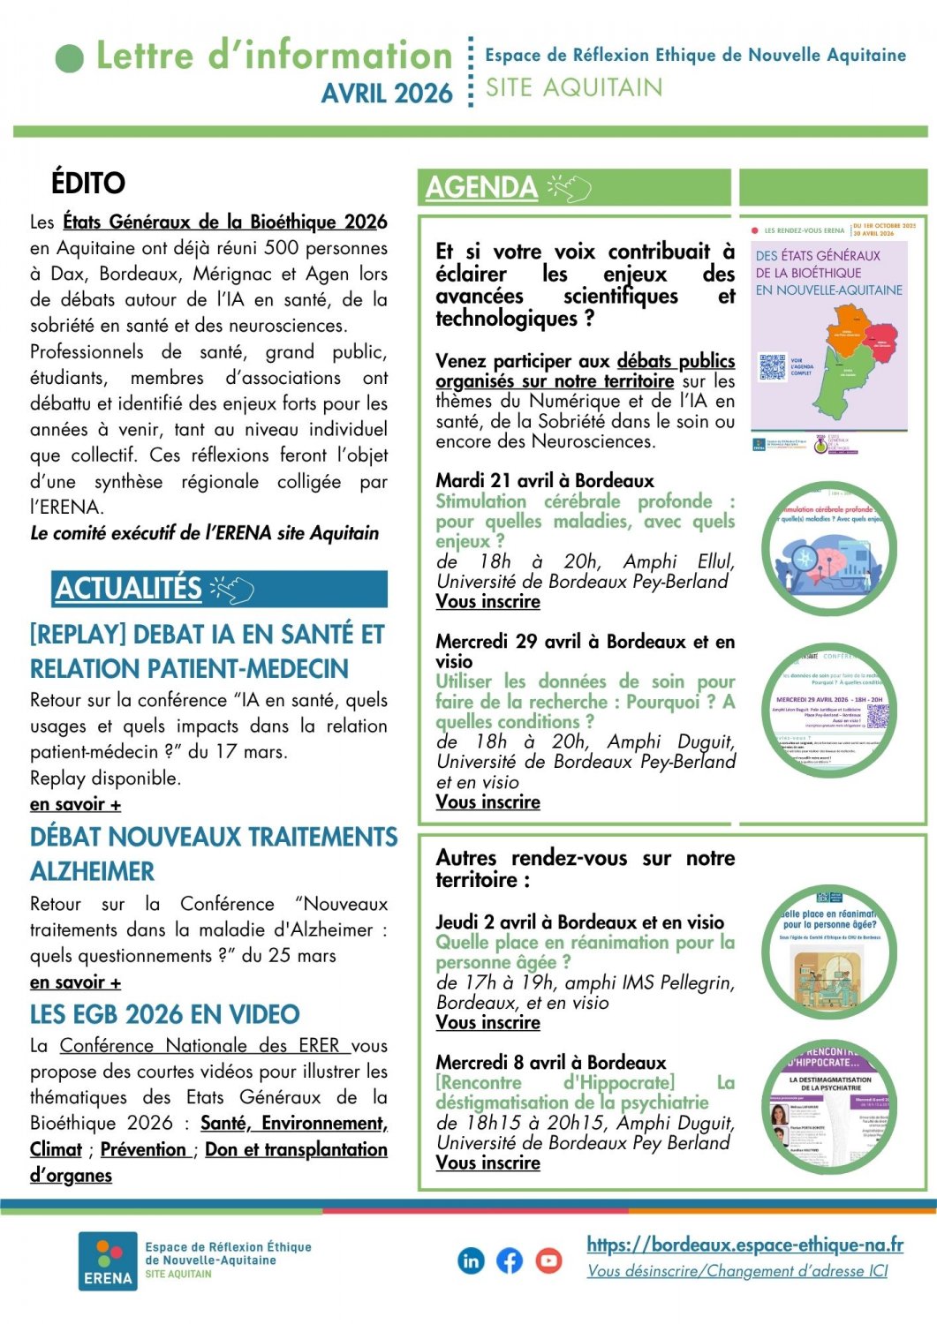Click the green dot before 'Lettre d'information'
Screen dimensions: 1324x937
[70, 58]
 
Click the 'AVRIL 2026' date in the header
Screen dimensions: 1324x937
[387, 94]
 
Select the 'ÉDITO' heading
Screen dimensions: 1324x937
[88, 184]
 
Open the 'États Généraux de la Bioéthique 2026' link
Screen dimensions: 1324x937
[225, 222]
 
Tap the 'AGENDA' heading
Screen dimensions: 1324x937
[481, 187]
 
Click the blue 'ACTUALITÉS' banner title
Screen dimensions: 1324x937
[129, 589]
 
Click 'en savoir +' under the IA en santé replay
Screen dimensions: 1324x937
[75, 804]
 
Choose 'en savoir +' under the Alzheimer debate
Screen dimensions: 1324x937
[75, 982]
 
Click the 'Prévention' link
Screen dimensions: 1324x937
[144, 1149]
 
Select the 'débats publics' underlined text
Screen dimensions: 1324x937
[676, 360]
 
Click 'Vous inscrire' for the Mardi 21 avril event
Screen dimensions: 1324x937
[487, 601]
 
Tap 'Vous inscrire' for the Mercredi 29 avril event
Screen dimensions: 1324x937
[487, 801]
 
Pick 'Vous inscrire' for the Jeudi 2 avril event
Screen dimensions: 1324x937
[487, 1022]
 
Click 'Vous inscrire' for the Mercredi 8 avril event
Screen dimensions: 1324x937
[487, 1162]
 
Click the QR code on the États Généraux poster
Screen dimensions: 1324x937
[772, 367]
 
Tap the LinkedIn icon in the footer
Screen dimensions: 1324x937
[472, 1260]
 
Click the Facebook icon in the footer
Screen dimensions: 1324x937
[510, 1260]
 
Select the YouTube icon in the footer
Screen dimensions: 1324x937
[548, 1260]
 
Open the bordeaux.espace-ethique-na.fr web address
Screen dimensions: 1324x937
[744, 1245]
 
